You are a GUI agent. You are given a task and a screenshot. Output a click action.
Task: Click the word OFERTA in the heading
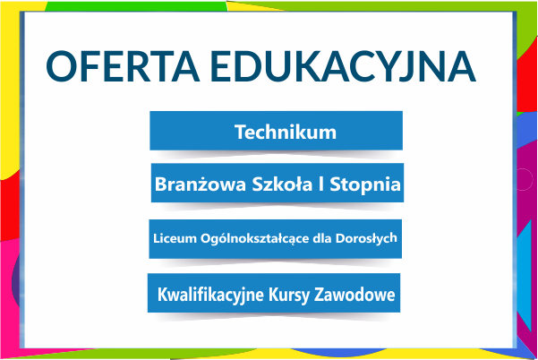coord(123,66)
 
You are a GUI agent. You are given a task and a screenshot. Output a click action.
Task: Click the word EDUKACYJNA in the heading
coord(344,67)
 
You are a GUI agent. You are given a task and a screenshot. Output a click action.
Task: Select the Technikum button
coord(277,131)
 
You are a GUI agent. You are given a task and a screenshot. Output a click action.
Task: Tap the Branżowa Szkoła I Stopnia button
coord(278,183)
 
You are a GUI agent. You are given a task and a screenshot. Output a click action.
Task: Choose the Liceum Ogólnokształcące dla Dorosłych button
coord(275,239)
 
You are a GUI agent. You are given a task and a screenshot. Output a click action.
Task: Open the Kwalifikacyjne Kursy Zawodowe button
coord(274,293)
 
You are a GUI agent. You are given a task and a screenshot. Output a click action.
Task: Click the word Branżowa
coord(201,184)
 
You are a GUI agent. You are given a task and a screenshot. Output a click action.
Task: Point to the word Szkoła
coord(282,184)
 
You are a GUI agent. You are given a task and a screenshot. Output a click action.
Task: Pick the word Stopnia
coord(365,185)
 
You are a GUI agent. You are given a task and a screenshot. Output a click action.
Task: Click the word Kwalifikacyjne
coord(210,295)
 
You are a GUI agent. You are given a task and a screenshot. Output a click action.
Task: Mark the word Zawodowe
coord(354,295)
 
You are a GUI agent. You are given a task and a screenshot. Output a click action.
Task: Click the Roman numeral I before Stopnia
coord(321,184)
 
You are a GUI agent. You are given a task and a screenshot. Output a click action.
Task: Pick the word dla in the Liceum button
coord(322,238)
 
